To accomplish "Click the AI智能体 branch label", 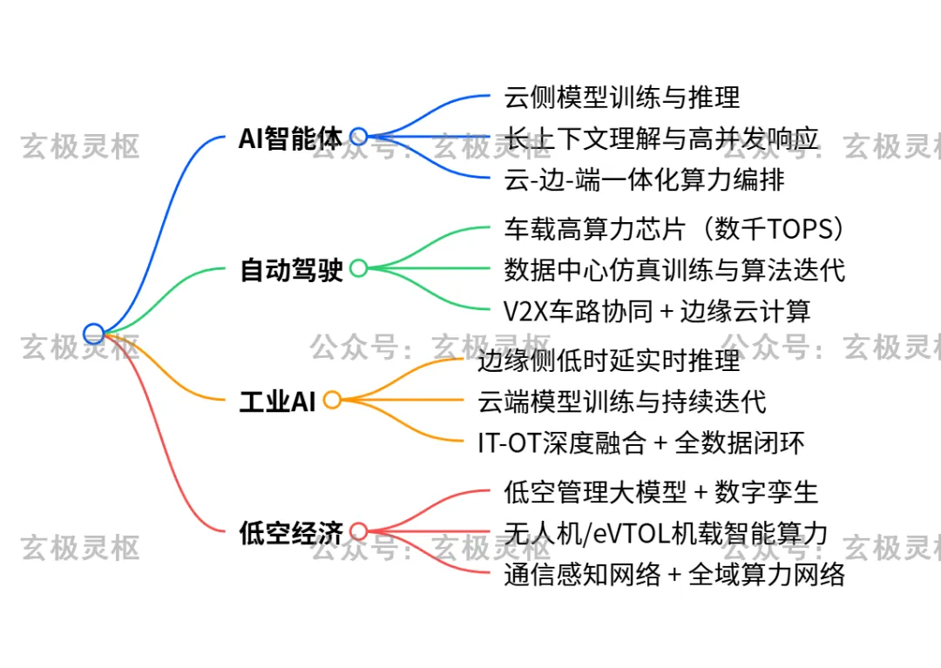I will pyautogui.click(x=290, y=138).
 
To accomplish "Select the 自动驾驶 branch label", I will pyautogui.click(x=291, y=270).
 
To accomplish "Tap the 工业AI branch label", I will pyautogui.click(x=277, y=401).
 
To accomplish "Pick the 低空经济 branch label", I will pyautogui.click(x=291, y=532).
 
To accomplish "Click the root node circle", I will pyautogui.click(x=93, y=333).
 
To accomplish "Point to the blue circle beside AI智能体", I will pyautogui.click(x=358, y=137).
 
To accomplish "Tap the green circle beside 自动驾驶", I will pyautogui.click(x=358, y=268).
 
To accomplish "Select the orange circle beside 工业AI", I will pyautogui.click(x=332, y=401).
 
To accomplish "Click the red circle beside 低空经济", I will pyautogui.click(x=358, y=531).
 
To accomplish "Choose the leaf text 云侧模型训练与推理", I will pyautogui.click(x=622, y=96).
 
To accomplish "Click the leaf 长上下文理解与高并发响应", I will pyautogui.click(x=661, y=138).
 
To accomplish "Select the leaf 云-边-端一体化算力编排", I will pyautogui.click(x=644, y=179).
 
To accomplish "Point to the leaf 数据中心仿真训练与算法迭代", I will pyautogui.click(x=674, y=269).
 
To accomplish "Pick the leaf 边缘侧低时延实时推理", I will pyautogui.click(x=609, y=359).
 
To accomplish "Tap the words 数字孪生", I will pyautogui.click(x=766, y=492).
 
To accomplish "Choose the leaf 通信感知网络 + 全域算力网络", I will pyautogui.click(x=674, y=575).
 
